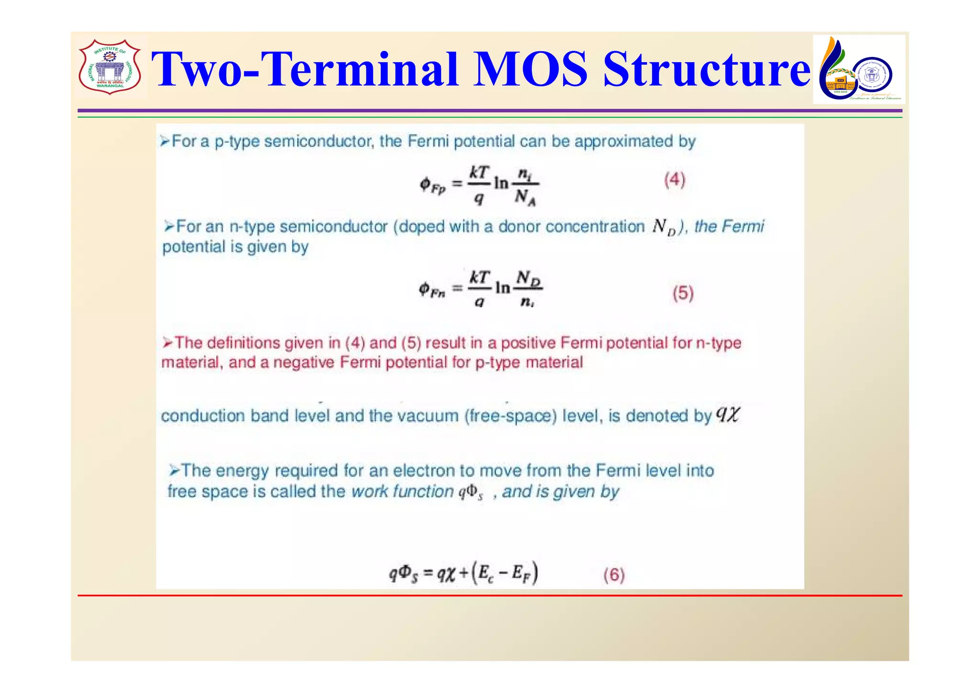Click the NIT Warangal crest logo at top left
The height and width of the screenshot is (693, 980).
pyautogui.click(x=110, y=67)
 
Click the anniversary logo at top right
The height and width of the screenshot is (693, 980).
pyautogui.click(x=858, y=69)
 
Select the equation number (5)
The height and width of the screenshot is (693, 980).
pyautogui.click(x=683, y=293)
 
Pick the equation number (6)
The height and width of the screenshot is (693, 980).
pyautogui.click(x=614, y=574)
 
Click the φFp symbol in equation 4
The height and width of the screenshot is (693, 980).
pyautogui.click(x=433, y=185)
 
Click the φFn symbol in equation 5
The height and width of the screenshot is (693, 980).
pyautogui.click(x=432, y=290)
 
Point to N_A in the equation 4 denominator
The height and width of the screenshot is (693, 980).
pyautogui.click(x=525, y=197)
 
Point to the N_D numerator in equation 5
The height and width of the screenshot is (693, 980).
pyautogui.click(x=528, y=278)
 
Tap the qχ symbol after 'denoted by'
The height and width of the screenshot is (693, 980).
pyautogui.click(x=728, y=414)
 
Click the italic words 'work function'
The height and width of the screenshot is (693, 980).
pyautogui.click(x=402, y=492)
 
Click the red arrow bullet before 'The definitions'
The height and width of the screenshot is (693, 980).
pyautogui.click(x=167, y=343)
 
